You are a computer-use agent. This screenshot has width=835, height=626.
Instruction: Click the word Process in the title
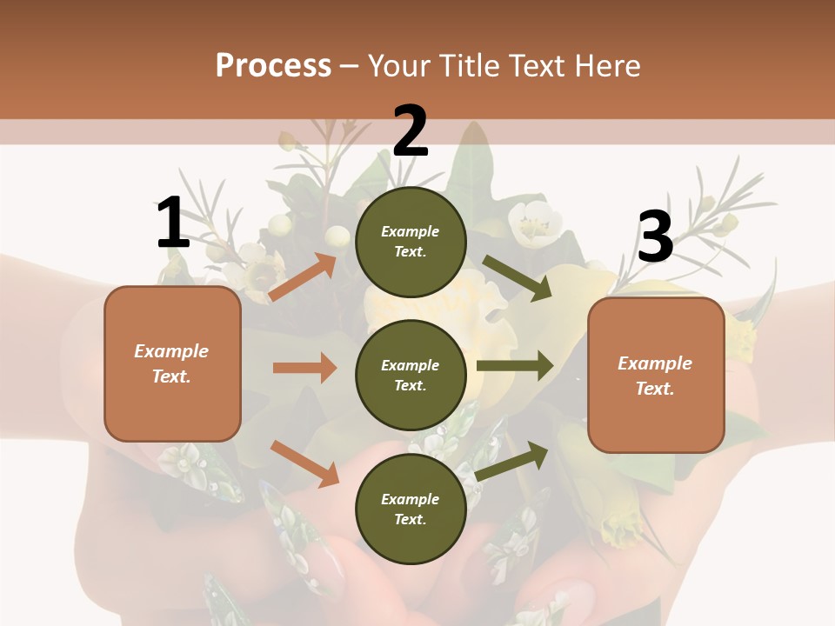[273, 65]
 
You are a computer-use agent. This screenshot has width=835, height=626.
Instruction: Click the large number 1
[172, 223]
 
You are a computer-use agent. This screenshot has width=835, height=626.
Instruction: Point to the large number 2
[411, 131]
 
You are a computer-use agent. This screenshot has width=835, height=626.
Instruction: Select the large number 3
[655, 237]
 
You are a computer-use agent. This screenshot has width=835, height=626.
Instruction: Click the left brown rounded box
[172, 363]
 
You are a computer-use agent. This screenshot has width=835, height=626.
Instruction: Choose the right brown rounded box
[656, 376]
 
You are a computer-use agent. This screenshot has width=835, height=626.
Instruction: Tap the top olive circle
[411, 242]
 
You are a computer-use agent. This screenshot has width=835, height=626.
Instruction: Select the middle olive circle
[411, 375]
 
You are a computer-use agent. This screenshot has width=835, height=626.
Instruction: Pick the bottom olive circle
[411, 509]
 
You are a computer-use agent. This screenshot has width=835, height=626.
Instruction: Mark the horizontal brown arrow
[304, 368]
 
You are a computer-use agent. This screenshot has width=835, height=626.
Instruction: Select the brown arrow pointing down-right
[304, 463]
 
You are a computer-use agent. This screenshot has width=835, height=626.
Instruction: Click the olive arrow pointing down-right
[517, 278]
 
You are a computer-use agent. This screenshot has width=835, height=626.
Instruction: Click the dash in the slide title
[350, 66]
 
